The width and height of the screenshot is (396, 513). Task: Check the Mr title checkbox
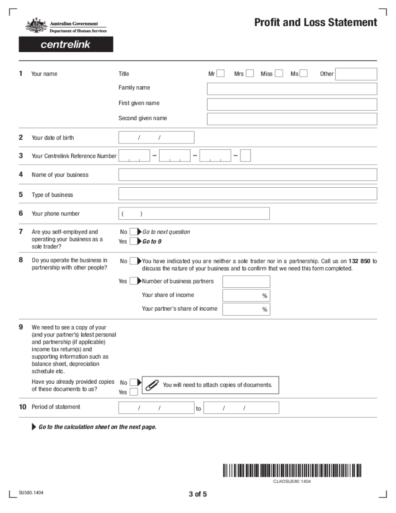[221, 74]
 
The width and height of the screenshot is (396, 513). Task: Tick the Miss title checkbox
[279, 74]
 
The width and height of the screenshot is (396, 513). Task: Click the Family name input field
[292, 89]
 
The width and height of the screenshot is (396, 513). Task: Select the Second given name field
[292, 119]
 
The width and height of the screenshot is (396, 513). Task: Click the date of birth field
[156, 138]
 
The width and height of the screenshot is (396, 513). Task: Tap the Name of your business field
[248, 175]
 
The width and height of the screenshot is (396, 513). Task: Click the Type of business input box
[248, 194]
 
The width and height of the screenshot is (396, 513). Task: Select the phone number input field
[194, 214]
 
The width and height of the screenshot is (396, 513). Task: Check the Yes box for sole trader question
[133, 241]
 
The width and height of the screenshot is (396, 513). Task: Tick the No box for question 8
[133, 261]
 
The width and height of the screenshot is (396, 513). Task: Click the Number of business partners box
[246, 282]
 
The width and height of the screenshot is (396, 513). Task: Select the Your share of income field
[246, 295]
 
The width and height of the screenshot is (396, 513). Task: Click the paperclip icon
[151, 385]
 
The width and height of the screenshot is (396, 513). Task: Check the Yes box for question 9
[133, 392]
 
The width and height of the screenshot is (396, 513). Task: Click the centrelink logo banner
[66, 45]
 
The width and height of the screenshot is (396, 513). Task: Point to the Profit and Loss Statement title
[316, 23]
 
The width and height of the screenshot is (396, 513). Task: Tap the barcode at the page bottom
[292, 470]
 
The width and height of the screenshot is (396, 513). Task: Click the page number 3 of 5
[198, 495]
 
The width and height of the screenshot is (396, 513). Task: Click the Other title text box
[356, 74]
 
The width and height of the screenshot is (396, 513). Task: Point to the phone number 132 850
[359, 262]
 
